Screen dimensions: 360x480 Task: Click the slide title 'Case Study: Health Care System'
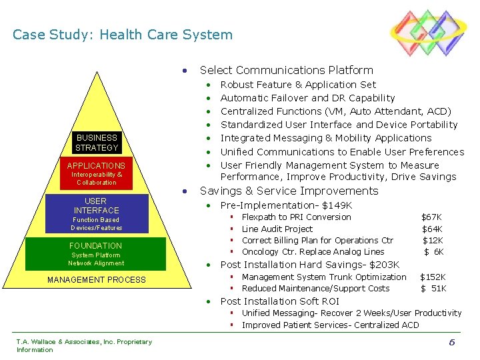pyautogui.click(x=123, y=35)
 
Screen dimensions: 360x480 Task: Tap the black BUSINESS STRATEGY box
pyautogui.click(x=97, y=143)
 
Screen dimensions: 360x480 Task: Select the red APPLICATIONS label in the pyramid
pyautogui.click(x=96, y=165)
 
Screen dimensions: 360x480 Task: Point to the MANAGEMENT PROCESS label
pyautogui.click(x=96, y=280)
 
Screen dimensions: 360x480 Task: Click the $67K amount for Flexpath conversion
pyautogui.click(x=431, y=217)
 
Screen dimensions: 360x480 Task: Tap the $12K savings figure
pyautogui.click(x=433, y=241)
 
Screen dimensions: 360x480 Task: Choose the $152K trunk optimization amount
pyautogui.click(x=433, y=277)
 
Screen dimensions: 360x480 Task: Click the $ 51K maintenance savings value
pyautogui.click(x=433, y=289)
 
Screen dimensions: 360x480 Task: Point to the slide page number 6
pyautogui.click(x=451, y=342)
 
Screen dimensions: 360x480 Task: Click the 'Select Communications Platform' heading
pyautogui.click(x=286, y=70)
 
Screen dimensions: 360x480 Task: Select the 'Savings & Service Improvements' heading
pyautogui.click(x=289, y=191)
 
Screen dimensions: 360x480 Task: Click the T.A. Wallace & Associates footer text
pyautogui.click(x=84, y=345)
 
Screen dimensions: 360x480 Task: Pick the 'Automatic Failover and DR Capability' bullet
pyautogui.click(x=307, y=98)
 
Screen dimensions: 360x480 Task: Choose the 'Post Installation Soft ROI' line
pyautogui.click(x=279, y=301)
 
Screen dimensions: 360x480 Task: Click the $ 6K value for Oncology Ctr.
pyautogui.click(x=434, y=252)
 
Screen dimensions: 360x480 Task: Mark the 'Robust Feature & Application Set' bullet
pyautogui.click(x=298, y=85)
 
